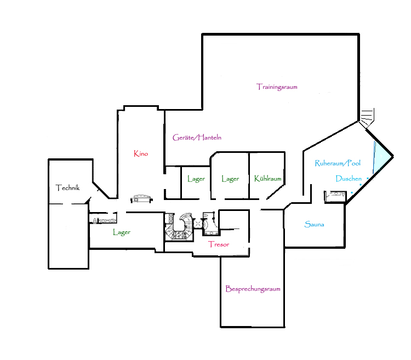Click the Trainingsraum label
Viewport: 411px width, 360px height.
[277, 87]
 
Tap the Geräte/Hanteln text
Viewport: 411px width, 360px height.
[197, 138]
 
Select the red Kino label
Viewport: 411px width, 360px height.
[141, 153]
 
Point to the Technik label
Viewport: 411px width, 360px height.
[67, 187]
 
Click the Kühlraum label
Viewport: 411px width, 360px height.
[267, 179]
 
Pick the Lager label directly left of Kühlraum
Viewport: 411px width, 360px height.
[230, 179]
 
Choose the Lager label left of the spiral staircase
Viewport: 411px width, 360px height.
[122, 232]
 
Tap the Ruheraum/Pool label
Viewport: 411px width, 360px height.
[338, 163]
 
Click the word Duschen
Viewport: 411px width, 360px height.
[349, 179]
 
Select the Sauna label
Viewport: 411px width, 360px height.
[315, 224]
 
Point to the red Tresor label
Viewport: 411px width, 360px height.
[219, 244]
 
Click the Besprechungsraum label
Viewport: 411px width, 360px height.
[253, 289]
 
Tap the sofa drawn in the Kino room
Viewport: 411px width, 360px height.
[141, 198]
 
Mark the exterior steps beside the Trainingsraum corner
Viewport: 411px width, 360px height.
[367, 117]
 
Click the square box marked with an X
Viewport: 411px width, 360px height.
[197, 224]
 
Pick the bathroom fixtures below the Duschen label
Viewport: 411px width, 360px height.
[335, 196]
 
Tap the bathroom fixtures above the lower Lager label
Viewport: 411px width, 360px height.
[103, 220]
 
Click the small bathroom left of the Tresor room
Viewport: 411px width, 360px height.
[210, 224]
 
